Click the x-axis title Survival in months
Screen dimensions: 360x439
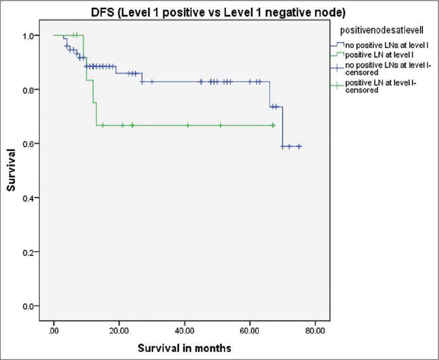point(184,348)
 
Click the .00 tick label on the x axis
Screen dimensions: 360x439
point(54,330)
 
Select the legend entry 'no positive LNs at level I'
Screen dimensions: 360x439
point(382,46)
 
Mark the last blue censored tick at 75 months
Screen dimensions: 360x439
point(299,146)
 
